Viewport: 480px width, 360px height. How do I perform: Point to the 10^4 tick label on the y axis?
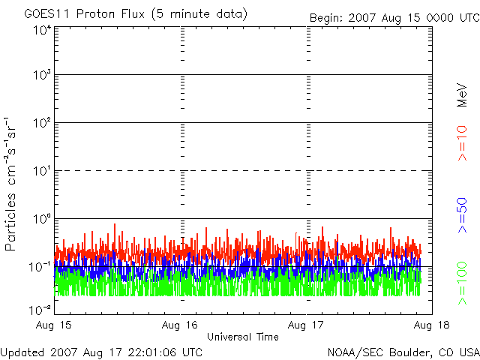(x=42, y=30)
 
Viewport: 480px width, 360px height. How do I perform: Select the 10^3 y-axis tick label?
(x=42, y=76)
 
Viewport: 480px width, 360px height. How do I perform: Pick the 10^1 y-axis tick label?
(x=42, y=172)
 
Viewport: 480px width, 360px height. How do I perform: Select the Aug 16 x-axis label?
(x=181, y=325)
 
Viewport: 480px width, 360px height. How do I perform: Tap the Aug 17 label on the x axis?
(x=307, y=325)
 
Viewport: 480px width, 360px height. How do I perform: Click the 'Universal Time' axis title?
(x=242, y=337)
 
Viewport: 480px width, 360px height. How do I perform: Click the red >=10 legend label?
(x=462, y=143)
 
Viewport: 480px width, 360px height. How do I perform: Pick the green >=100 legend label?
(x=462, y=283)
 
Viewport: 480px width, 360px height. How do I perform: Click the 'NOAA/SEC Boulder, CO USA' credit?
(x=403, y=352)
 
